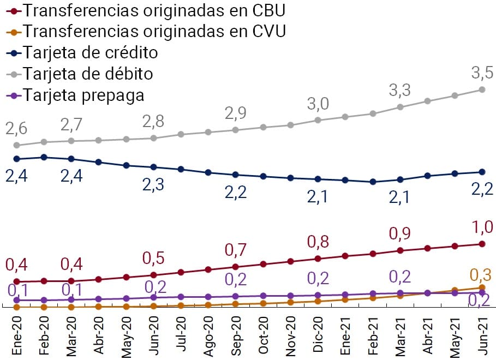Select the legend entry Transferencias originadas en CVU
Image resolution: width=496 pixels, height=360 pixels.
point(147,31)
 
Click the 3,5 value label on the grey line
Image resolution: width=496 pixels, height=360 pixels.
point(482,71)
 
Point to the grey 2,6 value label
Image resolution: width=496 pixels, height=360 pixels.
point(16,129)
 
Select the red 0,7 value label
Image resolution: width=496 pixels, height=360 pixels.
point(235,250)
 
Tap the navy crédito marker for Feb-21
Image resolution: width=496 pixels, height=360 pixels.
point(373,182)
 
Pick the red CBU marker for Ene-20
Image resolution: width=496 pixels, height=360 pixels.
point(16,281)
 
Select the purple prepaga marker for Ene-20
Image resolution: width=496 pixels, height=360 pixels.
point(16,300)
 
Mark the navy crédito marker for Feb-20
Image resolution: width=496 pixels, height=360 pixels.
point(44,157)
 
